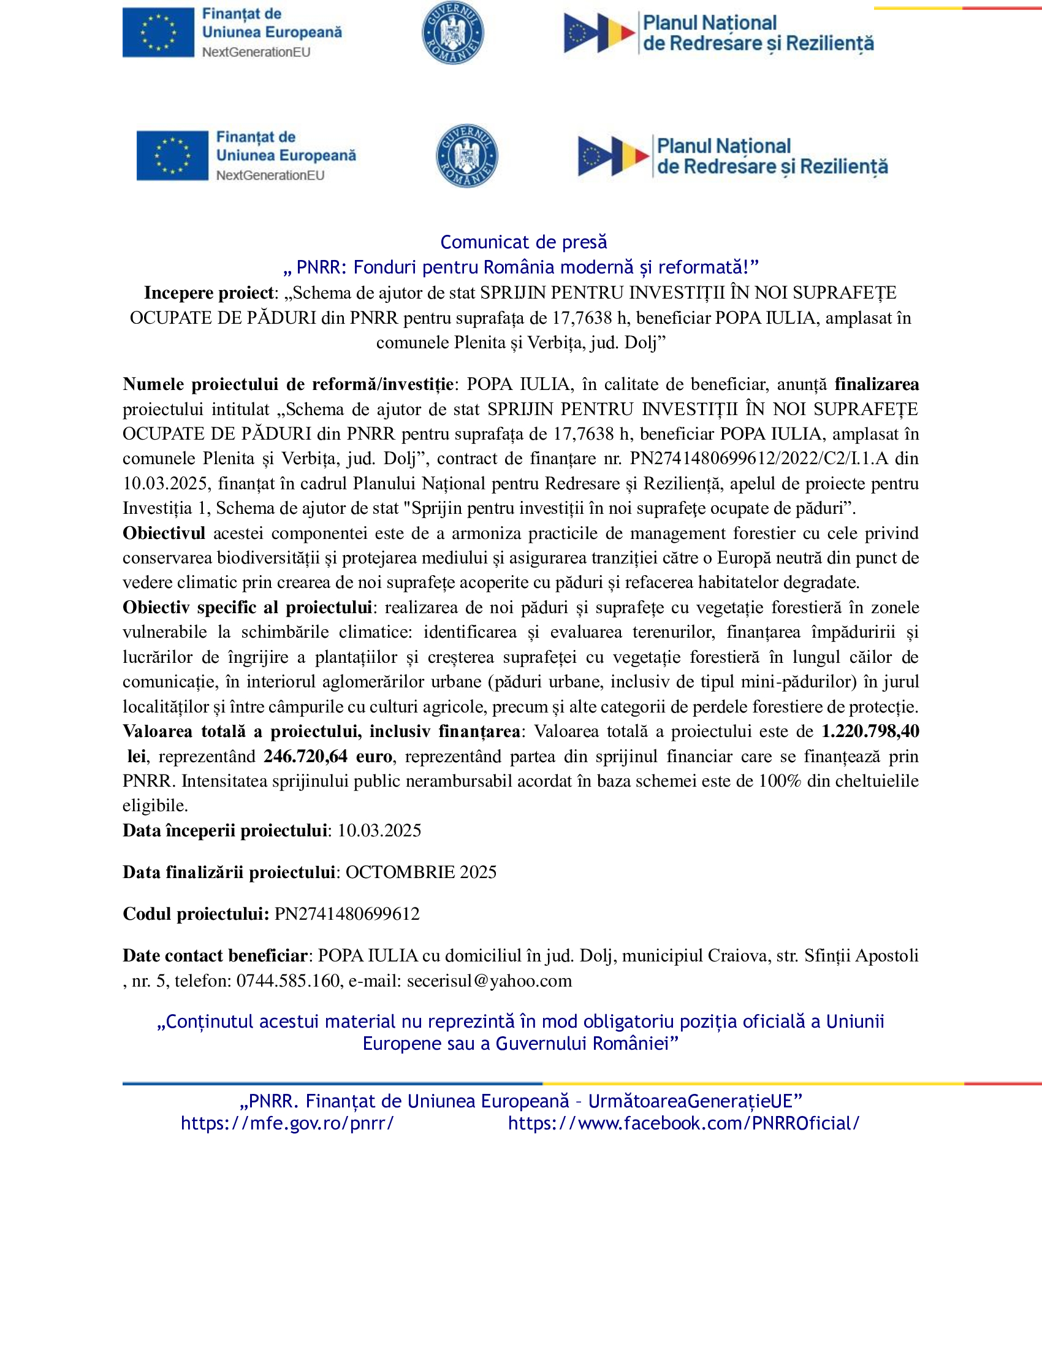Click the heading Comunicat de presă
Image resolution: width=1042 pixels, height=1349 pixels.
pyautogui.click(x=523, y=242)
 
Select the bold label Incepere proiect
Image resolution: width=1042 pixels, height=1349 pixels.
pyautogui.click(x=208, y=292)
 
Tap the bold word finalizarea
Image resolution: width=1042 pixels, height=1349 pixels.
pyautogui.click(x=877, y=384)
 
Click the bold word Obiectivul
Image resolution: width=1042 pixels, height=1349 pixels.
pyautogui.click(x=164, y=533)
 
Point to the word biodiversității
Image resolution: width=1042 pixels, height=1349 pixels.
pyautogui.click(x=268, y=558)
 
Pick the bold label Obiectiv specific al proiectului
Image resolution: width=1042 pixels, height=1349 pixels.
pyautogui.click(x=247, y=607)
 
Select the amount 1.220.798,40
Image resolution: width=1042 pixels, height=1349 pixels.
pyautogui.click(x=870, y=732)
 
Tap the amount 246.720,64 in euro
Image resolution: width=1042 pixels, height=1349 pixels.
pyautogui.click(x=306, y=757)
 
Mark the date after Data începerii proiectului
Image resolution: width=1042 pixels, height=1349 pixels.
pyautogui.click(x=379, y=831)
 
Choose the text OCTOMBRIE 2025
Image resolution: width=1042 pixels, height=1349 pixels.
pyautogui.click(x=420, y=872)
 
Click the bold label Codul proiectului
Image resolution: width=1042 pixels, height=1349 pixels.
pyautogui.click(x=196, y=914)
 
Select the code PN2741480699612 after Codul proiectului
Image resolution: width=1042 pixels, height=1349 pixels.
pyautogui.click(x=347, y=914)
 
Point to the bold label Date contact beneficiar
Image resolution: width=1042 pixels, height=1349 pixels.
pyautogui.click(x=215, y=955)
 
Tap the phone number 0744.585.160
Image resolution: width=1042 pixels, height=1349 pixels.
pyautogui.click(x=288, y=981)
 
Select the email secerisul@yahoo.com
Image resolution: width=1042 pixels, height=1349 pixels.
pyautogui.click(x=489, y=981)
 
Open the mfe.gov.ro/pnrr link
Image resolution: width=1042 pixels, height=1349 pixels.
pyautogui.click(x=287, y=1123)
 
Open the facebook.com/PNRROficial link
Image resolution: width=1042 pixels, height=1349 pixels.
pyautogui.click(x=683, y=1123)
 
